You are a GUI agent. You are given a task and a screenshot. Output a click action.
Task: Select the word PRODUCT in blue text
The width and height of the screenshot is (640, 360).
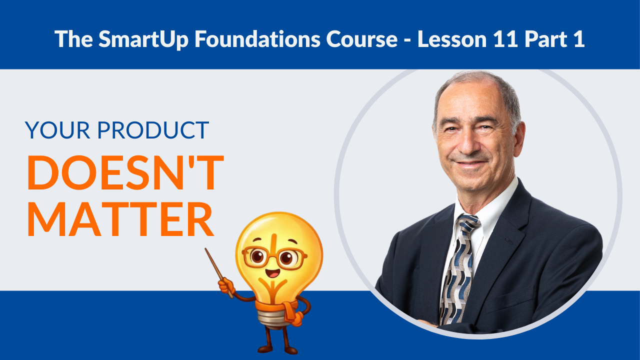pyautogui.click(x=153, y=130)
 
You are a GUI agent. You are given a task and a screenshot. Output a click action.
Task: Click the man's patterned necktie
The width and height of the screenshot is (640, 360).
pyautogui.click(x=457, y=270)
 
